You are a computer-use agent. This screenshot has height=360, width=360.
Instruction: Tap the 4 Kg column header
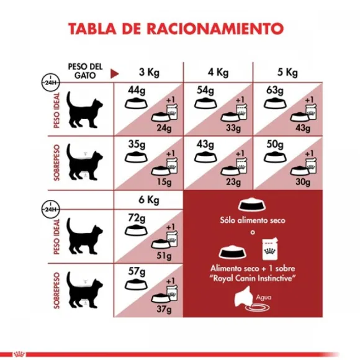coord(216,71)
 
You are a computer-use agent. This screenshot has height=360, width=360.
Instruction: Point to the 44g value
coord(136,90)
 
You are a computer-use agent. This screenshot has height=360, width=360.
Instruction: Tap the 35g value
coord(136,145)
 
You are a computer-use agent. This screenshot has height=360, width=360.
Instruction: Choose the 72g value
coord(136,218)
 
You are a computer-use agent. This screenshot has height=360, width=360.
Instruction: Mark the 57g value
coord(136,273)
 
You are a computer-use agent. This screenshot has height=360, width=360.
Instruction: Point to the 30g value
coord(303,181)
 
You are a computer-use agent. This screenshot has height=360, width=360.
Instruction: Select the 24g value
coord(163,128)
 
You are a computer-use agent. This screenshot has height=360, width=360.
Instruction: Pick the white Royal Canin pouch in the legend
coord(271,248)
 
